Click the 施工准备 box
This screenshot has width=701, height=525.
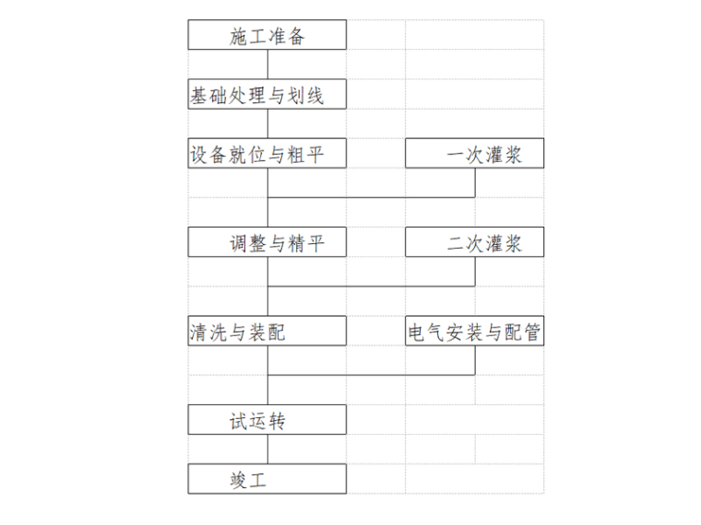tap(267, 36)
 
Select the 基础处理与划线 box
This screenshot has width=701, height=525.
tap(267, 95)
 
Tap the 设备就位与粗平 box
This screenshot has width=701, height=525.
tap(267, 154)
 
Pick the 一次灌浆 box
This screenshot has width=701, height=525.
tap(475, 154)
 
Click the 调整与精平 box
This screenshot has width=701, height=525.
tap(267, 243)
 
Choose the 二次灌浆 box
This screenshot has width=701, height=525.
tap(475, 243)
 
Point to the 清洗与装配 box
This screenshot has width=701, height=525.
tap(267, 332)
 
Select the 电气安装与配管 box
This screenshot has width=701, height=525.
tap(475, 332)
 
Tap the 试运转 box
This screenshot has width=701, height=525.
tap(267, 420)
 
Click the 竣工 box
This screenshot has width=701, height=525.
tap(267, 479)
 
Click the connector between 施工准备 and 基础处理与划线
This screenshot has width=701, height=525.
tap(267, 64)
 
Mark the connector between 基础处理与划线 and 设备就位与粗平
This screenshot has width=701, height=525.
tap(267, 123)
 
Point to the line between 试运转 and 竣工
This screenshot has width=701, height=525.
tap(267, 449)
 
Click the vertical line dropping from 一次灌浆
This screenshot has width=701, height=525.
tap(475, 182)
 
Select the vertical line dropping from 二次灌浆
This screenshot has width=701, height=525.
tap(475, 271)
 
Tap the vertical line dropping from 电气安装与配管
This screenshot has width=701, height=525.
tap(475, 360)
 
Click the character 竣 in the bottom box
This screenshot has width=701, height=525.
tap(240, 480)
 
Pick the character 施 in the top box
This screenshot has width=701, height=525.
tap(240, 37)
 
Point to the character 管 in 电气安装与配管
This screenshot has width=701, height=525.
tap(532, 332)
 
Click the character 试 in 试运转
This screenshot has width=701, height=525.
tap(240, 421)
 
